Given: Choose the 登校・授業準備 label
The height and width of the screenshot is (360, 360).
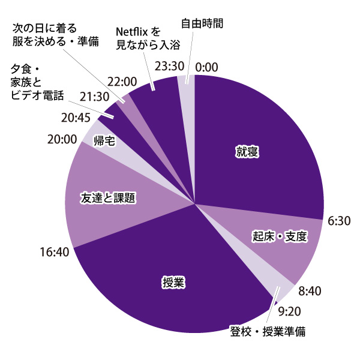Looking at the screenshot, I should tap(268, 331).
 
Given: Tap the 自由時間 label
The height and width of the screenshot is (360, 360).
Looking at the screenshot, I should tap(202, 24).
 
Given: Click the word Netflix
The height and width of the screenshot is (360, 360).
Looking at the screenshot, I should tap(132, 31).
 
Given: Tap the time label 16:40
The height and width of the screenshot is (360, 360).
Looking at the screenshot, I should tap(53, 250).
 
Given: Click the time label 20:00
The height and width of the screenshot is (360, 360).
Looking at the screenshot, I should tap(62, 139).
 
